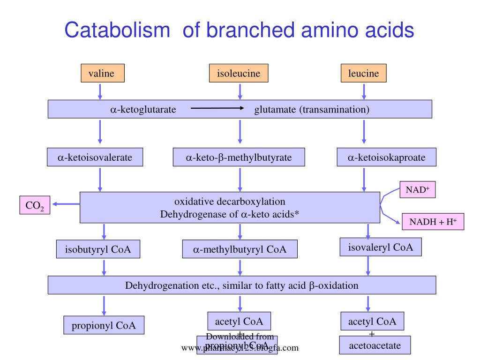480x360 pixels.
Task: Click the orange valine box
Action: point(101,74)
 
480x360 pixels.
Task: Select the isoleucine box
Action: point(238,74)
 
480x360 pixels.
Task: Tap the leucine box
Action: point(363,74)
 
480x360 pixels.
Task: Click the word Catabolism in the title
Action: point(117,30)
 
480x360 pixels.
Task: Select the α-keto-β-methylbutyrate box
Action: point(239,157)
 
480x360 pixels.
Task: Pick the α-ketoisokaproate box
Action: point(386,157)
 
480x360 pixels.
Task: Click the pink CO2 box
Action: point(35,205)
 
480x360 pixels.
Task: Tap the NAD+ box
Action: point(417,190)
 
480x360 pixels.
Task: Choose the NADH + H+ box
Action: point(433,222)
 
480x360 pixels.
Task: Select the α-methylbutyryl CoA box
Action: point(240,249)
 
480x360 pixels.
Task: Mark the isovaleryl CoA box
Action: point(380,247)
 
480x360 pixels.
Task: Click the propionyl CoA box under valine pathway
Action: point(104,326)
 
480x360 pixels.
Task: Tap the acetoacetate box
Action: point(375,345)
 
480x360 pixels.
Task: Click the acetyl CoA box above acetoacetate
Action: point(372,322)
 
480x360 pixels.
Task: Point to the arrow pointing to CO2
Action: point(66,204)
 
